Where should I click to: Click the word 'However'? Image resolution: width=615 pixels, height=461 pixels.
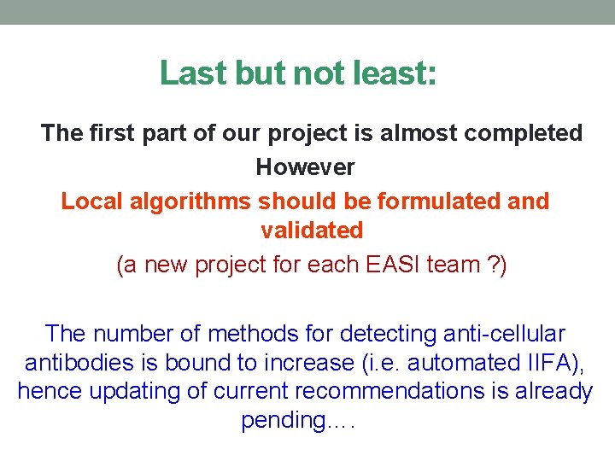tap(305, 167)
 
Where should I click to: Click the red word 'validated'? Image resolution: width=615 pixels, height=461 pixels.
tap(312, 230)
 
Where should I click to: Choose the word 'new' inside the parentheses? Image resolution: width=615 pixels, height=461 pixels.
tap(167, 265)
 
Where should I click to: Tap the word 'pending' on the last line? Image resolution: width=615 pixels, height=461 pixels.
tap(283, 421)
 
